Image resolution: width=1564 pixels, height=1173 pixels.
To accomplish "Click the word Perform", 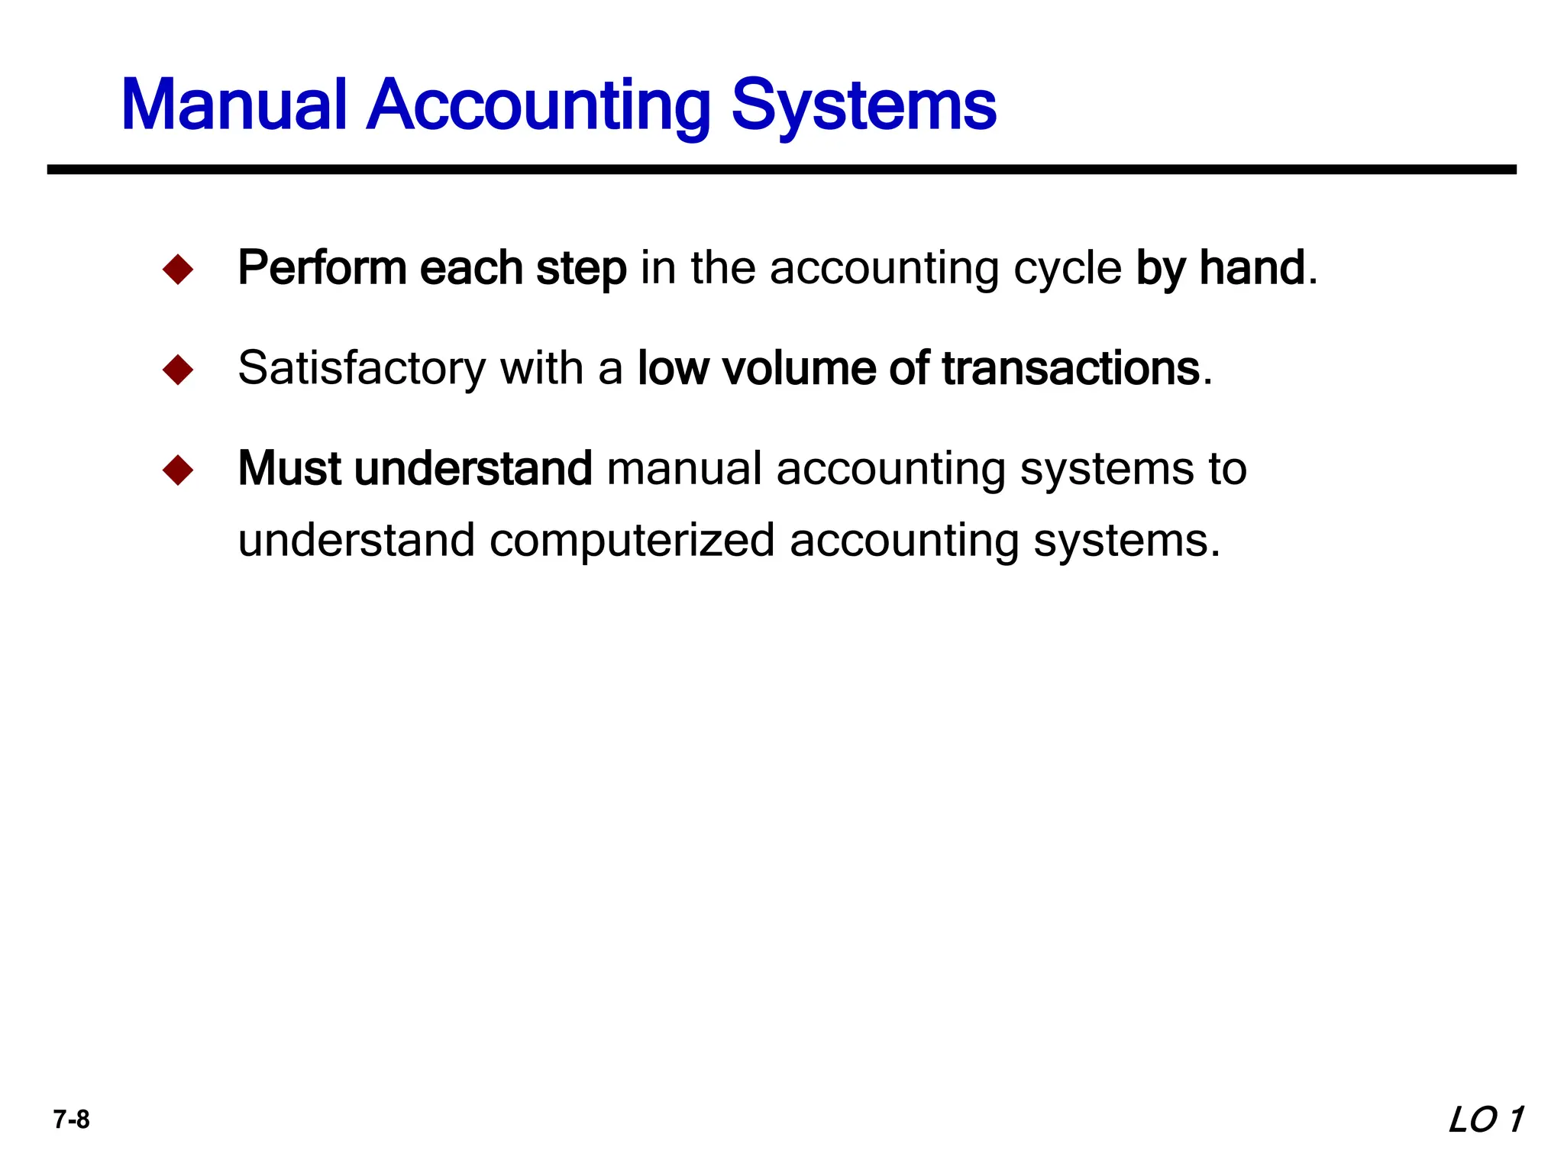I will pos(322,268).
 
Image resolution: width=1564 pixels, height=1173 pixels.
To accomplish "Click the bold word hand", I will pos(1252,268).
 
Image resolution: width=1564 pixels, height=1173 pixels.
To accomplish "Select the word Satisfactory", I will pos(361,368).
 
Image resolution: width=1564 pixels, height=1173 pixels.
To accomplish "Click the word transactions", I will pos(1071,368).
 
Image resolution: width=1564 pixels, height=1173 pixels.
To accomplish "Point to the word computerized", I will pos(632,541).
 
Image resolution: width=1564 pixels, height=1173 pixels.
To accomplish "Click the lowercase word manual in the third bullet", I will pos(684,468).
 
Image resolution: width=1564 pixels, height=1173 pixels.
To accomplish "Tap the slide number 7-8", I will pos(71,1120).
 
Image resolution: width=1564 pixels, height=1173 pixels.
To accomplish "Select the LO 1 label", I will pos(1485,1120).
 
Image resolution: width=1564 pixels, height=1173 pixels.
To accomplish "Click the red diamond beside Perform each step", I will pos(178,270).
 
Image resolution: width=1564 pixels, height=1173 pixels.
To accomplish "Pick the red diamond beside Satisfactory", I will pos(178,370).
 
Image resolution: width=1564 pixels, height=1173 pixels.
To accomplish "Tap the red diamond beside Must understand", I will pos(178,470).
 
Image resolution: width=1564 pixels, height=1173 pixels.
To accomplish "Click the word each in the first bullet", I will pos(470,268).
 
